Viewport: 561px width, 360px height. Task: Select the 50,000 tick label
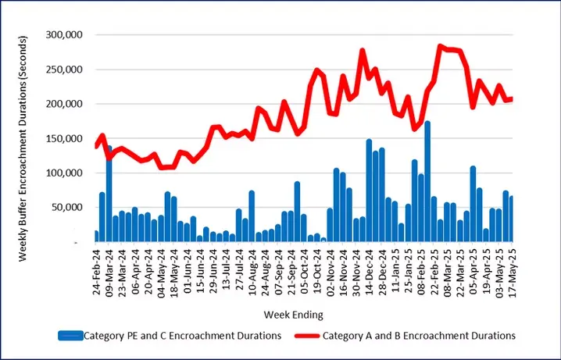(66, 207)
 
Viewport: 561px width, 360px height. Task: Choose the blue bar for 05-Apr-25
(473, 204)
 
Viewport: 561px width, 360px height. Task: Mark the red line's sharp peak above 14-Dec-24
(363, 51)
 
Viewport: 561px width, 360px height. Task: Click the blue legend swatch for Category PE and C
(80, 335)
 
